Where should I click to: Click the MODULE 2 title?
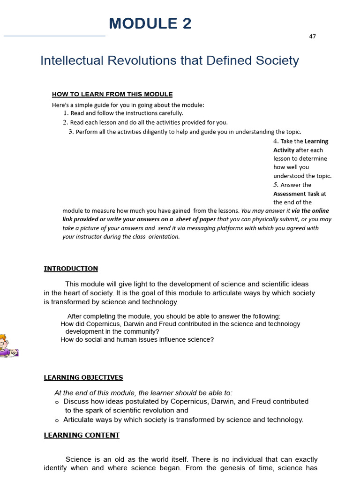tap(150, 23)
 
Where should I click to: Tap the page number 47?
tap(312, 37)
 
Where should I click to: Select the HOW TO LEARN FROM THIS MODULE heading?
tap(112, 94)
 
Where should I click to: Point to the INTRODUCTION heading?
tap(71, 269)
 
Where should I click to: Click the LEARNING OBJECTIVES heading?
tap(83, 377)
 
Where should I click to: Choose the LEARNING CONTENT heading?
tap(82, 435)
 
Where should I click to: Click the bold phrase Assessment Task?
tap(296, 194)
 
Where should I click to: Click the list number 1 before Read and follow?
tap(66, 113)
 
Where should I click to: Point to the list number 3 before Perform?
tap(71, 132)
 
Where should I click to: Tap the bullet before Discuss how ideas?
tap(57, 402)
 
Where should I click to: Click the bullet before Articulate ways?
tap(57, 420)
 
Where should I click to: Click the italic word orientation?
tap(165, 237)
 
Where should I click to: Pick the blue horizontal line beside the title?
tap(54, 36)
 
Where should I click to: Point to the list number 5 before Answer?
tap(276, 185)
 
